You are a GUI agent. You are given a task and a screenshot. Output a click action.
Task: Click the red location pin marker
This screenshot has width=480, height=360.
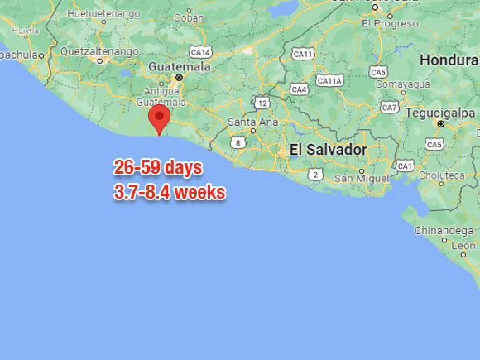159,118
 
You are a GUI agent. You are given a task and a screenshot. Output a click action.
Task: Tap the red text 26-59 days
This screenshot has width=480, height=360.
158,168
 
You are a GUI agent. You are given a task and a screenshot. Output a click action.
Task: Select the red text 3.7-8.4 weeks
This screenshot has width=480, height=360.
170,192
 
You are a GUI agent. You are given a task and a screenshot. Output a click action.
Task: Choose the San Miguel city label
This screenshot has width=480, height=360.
362,178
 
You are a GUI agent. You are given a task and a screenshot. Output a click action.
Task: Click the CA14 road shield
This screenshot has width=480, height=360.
200,51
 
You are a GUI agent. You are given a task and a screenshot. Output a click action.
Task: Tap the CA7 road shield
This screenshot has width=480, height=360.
388,108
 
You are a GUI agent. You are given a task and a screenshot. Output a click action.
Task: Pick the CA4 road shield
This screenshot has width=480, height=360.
299,89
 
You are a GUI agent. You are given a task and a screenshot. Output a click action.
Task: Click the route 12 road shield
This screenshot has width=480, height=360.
262,103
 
